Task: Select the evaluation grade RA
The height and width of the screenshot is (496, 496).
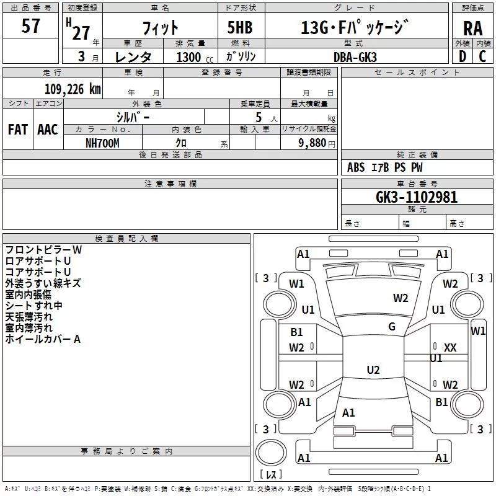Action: (472, 29)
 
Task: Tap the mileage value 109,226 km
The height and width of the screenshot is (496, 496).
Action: (73, 89)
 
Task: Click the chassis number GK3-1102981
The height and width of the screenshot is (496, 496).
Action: (417, 198)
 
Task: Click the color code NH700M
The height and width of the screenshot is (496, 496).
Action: (102, 143)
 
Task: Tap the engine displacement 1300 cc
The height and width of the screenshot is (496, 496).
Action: (190, 57)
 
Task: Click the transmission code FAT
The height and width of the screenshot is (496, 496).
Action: (18, 130)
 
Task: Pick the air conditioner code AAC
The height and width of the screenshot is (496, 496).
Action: (48, 130)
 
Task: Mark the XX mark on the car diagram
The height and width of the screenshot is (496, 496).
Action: (450, 348)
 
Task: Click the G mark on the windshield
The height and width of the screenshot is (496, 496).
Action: (392, 327)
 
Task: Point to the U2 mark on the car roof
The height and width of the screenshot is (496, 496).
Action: (373, 370)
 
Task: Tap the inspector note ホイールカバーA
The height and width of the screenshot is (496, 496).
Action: (43, 339)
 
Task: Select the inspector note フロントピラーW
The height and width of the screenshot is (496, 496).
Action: (43, 250)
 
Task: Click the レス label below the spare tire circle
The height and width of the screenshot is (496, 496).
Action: (270, 475)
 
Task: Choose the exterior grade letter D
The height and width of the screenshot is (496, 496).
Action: (462, 56)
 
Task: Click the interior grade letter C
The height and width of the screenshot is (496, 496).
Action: (482, 56)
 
